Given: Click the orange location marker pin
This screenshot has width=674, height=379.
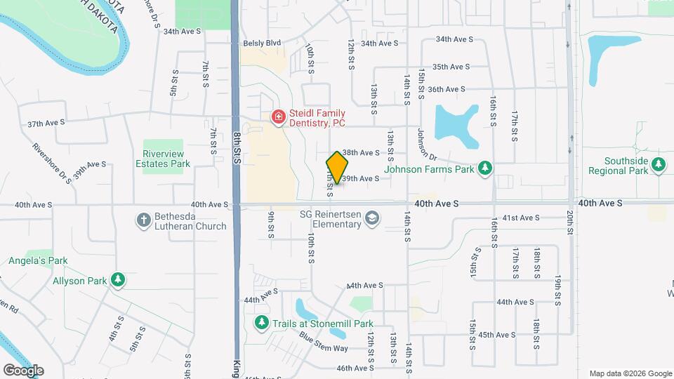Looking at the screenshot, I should coord(338,167).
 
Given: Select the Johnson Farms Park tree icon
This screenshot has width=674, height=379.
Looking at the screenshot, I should coord(484,168).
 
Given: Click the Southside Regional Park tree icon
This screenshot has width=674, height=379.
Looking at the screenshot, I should coord(658,164).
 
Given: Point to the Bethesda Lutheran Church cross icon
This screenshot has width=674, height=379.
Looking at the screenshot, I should coord(143,220).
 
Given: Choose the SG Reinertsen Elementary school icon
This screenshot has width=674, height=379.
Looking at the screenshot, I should coord(372,220).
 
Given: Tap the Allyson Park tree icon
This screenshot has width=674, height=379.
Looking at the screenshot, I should coord(119,281).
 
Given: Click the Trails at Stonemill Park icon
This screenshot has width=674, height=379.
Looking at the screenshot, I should coord(261,323).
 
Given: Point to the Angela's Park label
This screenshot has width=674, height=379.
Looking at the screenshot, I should coord(38,260).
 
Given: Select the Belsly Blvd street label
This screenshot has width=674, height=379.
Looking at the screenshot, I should coord(262,43).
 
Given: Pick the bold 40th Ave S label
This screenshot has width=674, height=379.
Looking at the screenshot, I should coord(436,203).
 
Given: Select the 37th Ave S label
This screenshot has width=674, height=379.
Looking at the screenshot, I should coord(46,122).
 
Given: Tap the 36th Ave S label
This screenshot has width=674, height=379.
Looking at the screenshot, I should coord(447,89).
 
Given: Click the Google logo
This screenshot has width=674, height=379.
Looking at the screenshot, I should coord(23,370).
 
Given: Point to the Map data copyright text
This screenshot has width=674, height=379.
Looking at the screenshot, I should coord(630,373).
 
